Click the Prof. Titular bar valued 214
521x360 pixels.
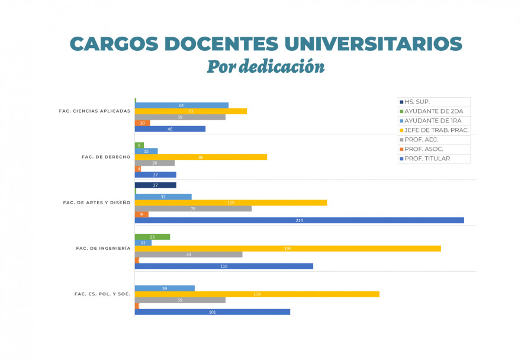(x=299, y=220)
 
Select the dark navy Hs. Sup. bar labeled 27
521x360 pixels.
(x=155, y=185)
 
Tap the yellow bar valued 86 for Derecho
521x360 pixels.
(x=201, y=157)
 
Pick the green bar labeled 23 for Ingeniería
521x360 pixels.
(x=152, y=237)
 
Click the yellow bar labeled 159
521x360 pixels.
(x=257, y=294)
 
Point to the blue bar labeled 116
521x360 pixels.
(x=224, y=266)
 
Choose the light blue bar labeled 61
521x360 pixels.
(x=181, y=105)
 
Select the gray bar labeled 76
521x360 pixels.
(x=193, y=208)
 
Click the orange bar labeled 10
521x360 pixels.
(x=142, y=123)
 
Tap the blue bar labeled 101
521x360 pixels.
(x=212, y=312)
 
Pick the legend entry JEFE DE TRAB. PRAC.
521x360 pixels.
(x=436, y=130)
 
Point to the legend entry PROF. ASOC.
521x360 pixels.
(x=423, y=149)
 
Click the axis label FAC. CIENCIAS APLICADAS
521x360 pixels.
(x=94, y=111)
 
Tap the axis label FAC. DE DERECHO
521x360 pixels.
(x=106, y=157)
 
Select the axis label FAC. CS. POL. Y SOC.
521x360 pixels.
(x=102, y=294)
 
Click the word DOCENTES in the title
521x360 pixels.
(x=221, y=44)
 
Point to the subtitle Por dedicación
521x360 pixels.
(x=265, y=66)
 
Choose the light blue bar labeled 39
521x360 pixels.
(x=165, y=288)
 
